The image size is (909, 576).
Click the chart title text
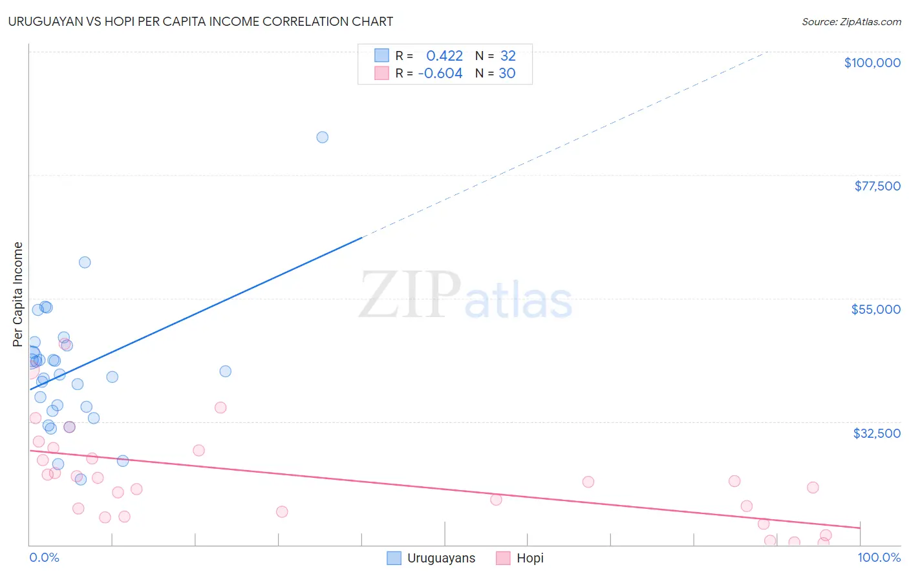200,21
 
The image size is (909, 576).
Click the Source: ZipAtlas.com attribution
851,21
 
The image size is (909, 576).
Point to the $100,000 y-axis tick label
872,63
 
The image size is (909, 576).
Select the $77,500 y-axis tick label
877,186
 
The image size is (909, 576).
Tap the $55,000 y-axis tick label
875,309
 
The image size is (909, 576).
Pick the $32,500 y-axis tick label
876,433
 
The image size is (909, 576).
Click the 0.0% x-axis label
44,557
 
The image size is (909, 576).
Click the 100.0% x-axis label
879,557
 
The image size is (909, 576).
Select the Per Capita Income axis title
18,294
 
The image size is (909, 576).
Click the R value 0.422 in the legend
444,56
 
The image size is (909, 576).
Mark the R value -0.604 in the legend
440,74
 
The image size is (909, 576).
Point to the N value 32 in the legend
508,56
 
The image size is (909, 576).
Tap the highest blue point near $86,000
322,137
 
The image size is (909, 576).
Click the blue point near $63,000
85,262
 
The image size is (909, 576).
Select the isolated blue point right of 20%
225,371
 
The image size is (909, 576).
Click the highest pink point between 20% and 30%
220,407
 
